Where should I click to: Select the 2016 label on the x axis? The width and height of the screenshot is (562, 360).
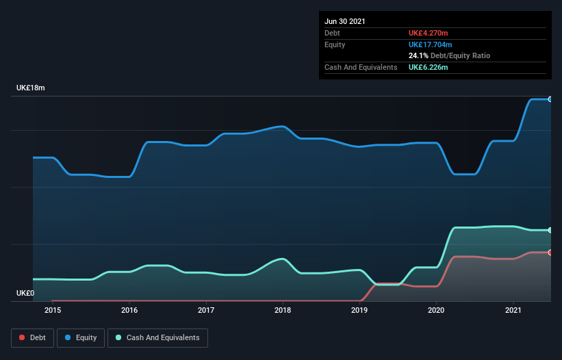tap(129, 310)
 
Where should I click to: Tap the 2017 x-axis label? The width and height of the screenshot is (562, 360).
tap(206, 310)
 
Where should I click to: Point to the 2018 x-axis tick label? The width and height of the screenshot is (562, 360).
tap(283, 310)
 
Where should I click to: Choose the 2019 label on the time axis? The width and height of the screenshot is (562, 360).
tap(360, 310)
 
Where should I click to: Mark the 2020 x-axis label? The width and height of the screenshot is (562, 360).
tap(437, 310)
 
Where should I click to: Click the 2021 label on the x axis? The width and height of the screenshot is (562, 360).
tap(513, 310)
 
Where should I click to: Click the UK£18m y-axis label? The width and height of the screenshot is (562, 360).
tap(31, 88)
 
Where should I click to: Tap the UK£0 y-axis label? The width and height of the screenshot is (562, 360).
tap(25, 293)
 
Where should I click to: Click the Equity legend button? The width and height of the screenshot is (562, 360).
tap(81, 337)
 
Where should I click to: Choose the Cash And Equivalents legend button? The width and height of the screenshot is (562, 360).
tap(157, 337)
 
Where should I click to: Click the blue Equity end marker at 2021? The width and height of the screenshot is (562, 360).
tap(550, 99)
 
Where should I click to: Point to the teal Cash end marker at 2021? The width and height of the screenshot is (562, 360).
tap(550, 230)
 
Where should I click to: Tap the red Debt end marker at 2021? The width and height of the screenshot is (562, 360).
tap(550, 253)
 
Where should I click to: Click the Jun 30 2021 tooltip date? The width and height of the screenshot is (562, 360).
tap(345, 21)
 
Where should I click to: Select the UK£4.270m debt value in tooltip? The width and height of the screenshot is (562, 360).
tap(429, 33)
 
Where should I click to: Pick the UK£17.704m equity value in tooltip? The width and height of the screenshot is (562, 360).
tap(431, 44)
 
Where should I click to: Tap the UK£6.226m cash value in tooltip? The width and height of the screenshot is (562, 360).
tap(429, 67)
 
